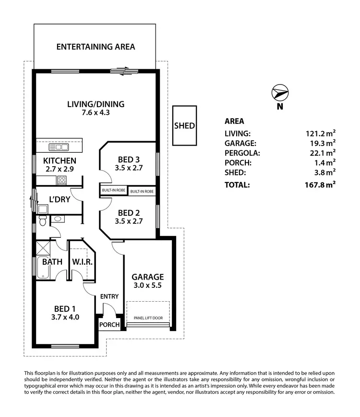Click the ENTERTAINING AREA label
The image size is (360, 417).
[96, 47]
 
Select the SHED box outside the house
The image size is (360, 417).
[184, 126]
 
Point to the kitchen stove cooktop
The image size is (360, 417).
[62, 180]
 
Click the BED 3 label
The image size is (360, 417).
[129, 159]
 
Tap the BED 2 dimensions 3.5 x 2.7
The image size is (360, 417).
[129, 221]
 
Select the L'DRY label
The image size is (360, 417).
[60, 199]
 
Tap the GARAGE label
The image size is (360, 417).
[148, 277]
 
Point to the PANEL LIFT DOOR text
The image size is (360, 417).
[148, 318]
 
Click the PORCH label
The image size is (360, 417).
[109, 325]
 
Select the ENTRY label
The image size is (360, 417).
[109, 296]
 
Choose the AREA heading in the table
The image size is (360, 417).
[234, 121]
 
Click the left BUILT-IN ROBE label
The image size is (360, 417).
[113, 191]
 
